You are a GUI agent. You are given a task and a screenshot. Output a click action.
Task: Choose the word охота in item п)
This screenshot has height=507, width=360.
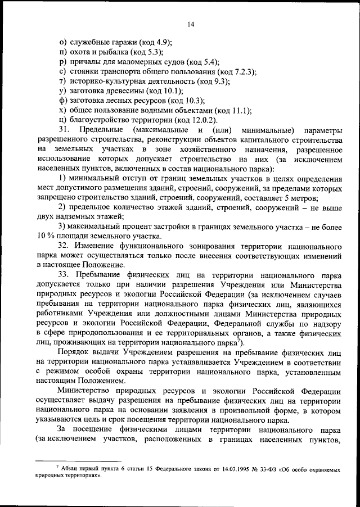tap(82, 52)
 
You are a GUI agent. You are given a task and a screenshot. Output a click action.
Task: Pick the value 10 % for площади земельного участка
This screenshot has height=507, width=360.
tap(47, 237)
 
